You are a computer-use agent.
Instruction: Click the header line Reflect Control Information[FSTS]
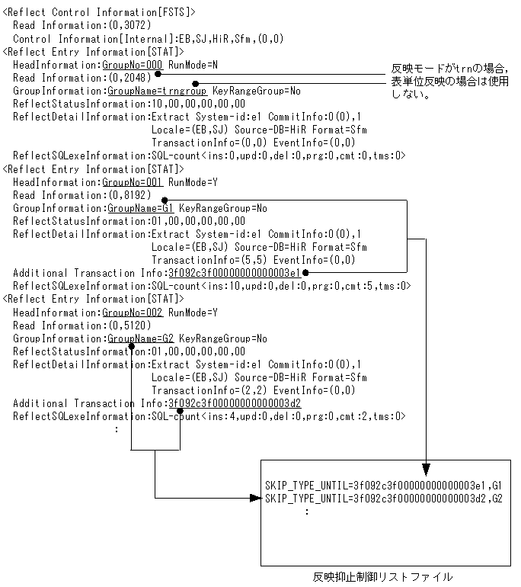99,12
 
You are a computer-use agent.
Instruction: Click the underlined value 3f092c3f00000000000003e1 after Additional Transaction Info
234,273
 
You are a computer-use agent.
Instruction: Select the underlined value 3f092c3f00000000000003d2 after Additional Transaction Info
234,403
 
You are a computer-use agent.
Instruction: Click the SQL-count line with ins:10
279,286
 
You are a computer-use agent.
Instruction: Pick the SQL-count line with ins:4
276,416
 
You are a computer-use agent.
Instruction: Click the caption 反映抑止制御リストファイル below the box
382,577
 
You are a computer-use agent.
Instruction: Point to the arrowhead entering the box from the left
255,498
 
